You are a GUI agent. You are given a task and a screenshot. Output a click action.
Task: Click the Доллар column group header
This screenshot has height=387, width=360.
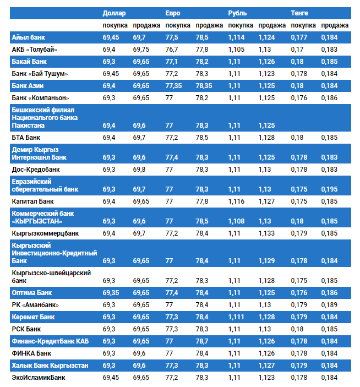114,13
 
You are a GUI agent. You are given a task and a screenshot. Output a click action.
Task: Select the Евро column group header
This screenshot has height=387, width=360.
173,13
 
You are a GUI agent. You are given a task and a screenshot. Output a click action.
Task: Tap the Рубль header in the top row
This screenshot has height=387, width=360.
237,13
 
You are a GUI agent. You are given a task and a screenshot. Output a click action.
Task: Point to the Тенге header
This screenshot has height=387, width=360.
299,13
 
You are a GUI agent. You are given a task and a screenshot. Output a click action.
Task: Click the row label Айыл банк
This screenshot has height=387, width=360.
29,37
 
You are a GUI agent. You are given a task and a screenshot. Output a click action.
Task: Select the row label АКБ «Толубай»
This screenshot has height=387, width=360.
34,50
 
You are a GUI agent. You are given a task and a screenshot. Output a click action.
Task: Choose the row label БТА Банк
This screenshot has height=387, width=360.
26,138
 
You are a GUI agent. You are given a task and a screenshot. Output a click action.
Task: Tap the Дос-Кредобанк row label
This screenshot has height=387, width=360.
36,170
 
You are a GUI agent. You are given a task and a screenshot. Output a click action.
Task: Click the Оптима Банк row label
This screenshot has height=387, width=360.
32,293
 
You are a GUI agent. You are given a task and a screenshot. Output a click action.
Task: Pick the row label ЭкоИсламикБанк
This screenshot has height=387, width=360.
39,378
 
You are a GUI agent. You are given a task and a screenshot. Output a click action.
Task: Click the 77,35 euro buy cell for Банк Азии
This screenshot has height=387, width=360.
173,86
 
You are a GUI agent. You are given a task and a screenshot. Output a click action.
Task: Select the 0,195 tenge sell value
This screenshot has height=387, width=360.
329,189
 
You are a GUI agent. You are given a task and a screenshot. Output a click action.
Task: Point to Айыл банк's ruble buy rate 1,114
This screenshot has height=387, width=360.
236,37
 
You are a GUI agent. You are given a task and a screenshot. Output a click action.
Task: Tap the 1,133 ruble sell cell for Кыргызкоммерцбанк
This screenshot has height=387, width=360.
266,233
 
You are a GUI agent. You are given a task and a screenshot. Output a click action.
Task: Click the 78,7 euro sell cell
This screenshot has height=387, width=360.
202,341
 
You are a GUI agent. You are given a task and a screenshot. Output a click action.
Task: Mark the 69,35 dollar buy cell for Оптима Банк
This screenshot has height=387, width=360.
111,293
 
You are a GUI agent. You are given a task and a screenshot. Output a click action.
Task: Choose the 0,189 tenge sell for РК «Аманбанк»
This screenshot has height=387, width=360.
329,305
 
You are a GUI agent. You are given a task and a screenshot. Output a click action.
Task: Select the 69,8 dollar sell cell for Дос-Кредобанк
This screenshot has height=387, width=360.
139,170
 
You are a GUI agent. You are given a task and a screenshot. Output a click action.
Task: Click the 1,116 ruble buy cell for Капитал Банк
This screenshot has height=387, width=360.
236,201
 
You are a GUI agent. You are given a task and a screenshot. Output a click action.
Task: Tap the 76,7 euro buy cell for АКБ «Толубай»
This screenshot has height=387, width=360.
172,50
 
